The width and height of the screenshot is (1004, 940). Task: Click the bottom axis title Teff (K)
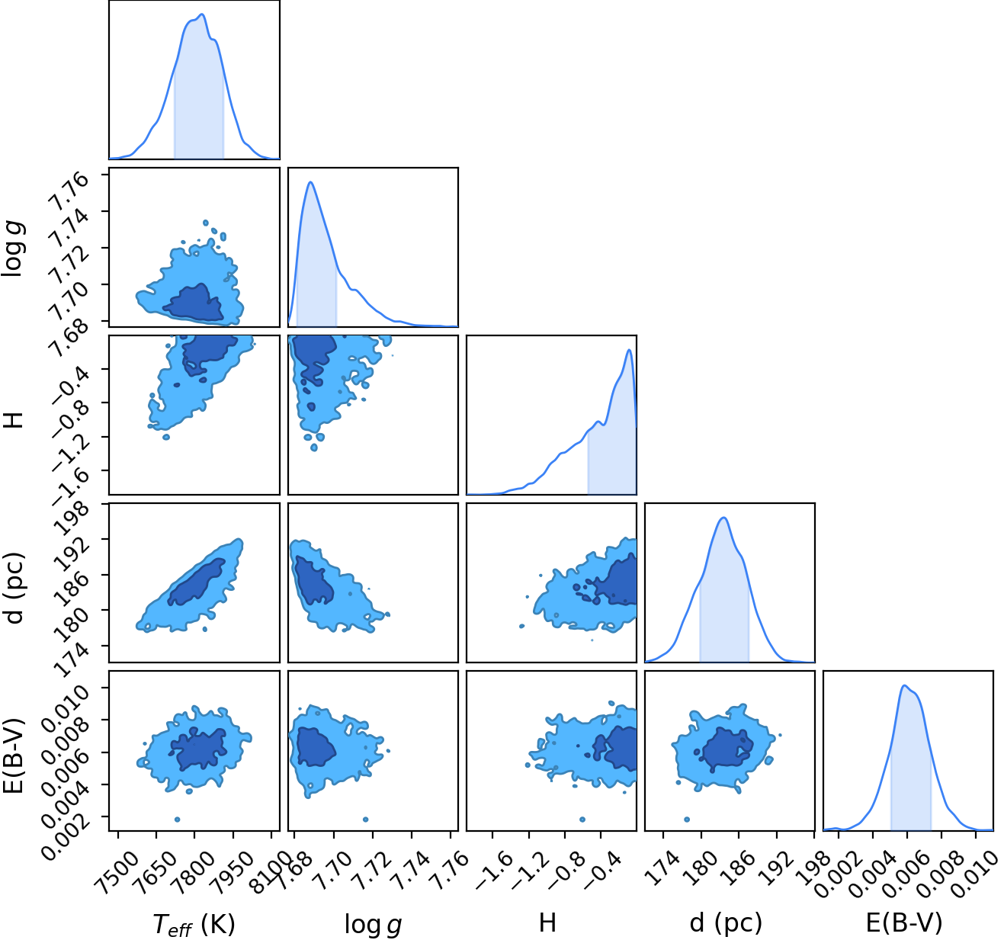[194, 924]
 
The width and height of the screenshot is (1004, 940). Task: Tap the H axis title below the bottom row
[547, 922]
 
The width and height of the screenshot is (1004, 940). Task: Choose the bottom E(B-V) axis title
[904, 923]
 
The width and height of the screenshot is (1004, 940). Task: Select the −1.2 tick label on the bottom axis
[529, 871]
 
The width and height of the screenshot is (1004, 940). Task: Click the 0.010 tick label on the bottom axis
[975, 874]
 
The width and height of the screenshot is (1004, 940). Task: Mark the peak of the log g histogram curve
[310, 182]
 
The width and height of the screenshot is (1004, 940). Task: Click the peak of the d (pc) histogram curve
[724, 518]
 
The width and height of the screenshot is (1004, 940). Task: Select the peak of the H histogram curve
[629, 349]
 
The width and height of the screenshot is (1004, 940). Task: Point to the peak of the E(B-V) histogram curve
[904, 685]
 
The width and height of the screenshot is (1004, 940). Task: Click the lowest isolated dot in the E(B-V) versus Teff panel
[177, 819]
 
